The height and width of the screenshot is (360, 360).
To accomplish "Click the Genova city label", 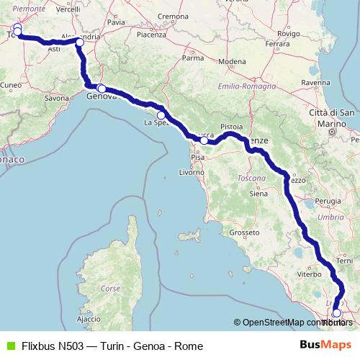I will tap(101, 96).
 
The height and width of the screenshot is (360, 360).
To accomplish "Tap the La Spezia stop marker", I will tap(161, 115).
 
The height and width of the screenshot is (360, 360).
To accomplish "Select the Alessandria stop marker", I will tap(80, 43).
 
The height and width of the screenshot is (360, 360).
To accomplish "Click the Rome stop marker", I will tap(336, 313).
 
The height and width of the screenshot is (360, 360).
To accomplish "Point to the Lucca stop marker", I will tap(204, 140).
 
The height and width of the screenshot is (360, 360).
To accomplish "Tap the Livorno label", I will tap(192, 174).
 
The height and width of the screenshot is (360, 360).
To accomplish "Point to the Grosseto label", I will tap(243, 233).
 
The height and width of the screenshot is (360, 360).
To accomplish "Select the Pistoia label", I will tap(232, 126).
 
